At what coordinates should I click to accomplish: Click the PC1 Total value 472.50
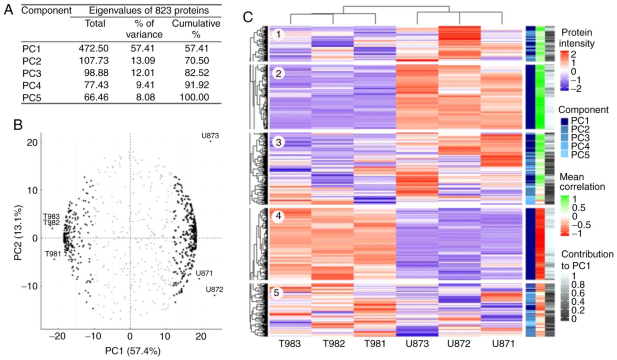pos(94,48)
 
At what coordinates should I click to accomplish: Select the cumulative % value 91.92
pos(197,85)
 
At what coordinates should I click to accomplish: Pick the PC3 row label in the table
pos(32,73)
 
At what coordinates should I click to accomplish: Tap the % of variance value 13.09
pos(143,60)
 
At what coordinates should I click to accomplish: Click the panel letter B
pos(18,125)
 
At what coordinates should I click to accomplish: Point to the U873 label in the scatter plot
pos(210,135)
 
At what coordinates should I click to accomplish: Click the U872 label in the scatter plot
pos(214,290)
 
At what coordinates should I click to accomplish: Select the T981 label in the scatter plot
pos(53,254)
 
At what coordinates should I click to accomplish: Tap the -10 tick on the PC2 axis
pos(29,286)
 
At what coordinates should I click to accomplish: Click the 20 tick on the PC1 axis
pos(201,336)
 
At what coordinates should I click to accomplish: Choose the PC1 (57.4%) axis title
pos(133,351)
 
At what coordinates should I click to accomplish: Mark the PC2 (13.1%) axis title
pos(18,233)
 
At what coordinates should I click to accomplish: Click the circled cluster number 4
pos(278,216)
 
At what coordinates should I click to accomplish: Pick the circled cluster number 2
pos(278,74)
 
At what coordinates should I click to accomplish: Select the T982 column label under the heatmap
pos(334,344)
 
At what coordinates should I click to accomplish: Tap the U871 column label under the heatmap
pos(503,344)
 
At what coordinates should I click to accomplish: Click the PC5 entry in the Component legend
pos(580,155)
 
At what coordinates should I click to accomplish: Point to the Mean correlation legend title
pos(582,182)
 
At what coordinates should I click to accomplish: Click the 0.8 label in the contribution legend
pos(578,285)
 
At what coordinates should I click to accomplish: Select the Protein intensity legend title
pos(577,38)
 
